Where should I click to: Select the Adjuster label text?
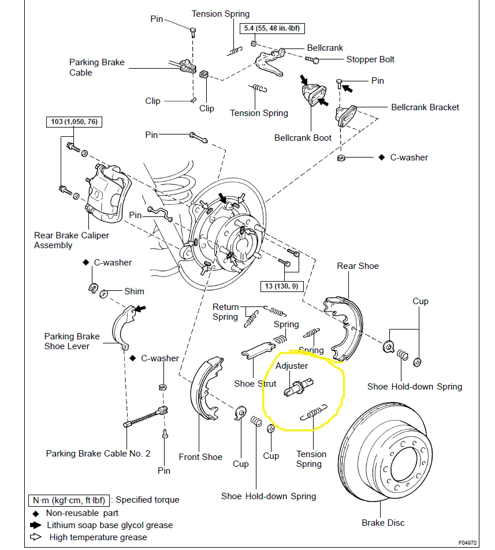(x=292, y=366)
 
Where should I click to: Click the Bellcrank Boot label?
(x=303, y=138)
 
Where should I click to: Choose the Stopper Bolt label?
(x=370, y=59)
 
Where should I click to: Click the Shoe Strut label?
(x=255, y=384)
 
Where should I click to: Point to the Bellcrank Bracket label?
(x=425, y=107)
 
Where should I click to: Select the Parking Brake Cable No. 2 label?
(x=98, y=454)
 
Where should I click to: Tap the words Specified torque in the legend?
(x=147, y=500)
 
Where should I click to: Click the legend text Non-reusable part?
(x=83, y=512)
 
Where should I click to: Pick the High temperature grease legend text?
(x=98, y=537)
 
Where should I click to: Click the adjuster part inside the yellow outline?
(x=298, y=386)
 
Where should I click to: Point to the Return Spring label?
(x=225, y=312)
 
